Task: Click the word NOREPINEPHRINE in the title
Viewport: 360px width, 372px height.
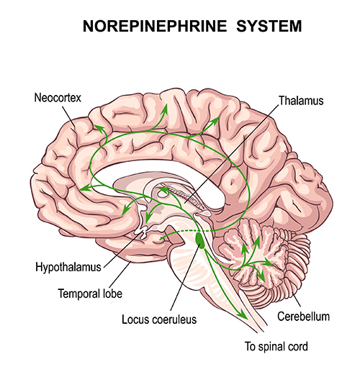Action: click(155, 26)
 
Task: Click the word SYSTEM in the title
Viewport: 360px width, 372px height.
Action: click(269, 26)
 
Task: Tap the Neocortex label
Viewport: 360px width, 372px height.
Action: click(58, 98)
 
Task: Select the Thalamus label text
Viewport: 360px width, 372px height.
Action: click(301, 101)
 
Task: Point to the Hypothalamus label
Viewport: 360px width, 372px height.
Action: click(68, 267)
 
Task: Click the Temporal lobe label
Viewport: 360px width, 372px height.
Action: click(90, 294)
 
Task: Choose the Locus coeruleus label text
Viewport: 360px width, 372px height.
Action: click(159, 319)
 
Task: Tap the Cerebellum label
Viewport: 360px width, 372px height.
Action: click(303, 317)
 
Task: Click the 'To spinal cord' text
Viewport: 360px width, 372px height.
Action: click(276, 347)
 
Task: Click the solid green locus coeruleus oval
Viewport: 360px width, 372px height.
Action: click(200, 240)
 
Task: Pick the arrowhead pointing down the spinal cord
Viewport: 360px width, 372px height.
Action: click(243, 314)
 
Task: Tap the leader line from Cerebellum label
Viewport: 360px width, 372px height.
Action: click(296, 299)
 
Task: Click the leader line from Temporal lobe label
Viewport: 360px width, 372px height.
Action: click(120, 275)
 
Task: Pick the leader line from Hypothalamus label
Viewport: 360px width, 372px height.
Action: click(122, 250)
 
